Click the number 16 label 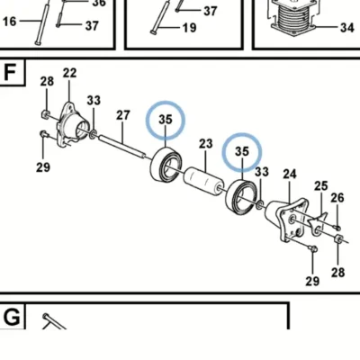[9, 22]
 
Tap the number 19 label [189, 28]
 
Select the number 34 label [347, 28]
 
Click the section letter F [10, 72]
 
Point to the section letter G [12, 318]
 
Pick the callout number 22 [69, 73]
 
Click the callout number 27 [123, 115]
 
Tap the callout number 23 [206, 144]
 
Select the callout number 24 [290, 174]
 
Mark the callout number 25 [321, 186]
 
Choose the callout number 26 [337, 198]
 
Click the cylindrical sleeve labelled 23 [204, 183]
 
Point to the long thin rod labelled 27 [122, 146]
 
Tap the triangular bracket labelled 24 [287, 219]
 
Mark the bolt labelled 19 [160, 17]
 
